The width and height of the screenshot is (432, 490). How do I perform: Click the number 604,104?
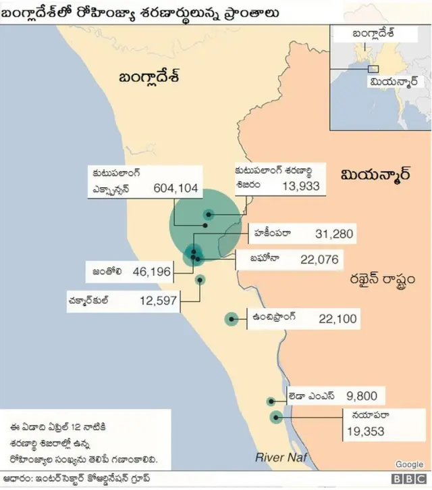pyautogui.click(x=176, y=189)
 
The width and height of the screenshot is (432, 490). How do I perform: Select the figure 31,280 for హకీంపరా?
pyautogui.click(x=334, y=234)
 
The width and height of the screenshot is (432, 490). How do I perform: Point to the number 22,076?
pyautogui.click(x=319, y=260)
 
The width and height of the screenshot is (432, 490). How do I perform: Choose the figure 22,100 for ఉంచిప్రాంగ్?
pyautogui.click(x=337, y=318)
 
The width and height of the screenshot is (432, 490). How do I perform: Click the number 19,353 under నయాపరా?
pyautogui.click(x=366, y=430)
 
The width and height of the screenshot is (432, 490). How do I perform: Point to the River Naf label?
pyautogui.click(x=281, y=458)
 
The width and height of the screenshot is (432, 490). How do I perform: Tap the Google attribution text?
pyautogui.click(x=409, y=464)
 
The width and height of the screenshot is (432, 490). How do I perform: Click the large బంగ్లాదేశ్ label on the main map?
pyautogui.click(x=148, y=76)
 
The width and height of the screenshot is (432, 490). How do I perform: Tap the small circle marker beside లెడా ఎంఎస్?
pyautogui.click(x=271, y=401)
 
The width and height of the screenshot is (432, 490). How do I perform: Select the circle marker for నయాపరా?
pyautogui.click(x=276, y=417)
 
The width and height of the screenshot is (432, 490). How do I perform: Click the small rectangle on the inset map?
pyautogui.click(x=373, y=68)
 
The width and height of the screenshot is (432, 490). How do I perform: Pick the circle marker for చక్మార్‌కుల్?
pyautogui.click(x=200, y=280)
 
